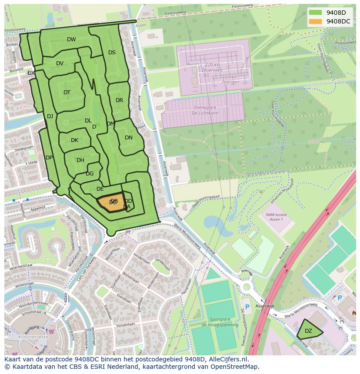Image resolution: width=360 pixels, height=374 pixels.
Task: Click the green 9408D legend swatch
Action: coord(316,13)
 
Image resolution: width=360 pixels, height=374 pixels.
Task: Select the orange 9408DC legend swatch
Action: coord(316,21)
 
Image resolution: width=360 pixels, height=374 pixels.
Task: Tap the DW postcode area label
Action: coord(71,40)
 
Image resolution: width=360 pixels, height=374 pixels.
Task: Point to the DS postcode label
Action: coord(112,53)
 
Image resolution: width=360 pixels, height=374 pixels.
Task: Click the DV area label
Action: coord(60,63)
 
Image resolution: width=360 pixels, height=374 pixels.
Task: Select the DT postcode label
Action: coord(67,93)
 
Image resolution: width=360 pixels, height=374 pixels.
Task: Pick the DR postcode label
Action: coord(119,100)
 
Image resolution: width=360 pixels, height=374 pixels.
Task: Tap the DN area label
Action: coord(129,138)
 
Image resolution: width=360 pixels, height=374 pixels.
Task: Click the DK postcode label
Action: coord(74,140)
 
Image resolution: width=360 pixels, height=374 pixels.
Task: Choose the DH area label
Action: coord(80,160)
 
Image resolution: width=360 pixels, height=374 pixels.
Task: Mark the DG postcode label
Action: coord(90,174)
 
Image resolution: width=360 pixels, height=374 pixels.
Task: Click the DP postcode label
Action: coord(49,158)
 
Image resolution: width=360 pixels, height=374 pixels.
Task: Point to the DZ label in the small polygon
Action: coord(308,331)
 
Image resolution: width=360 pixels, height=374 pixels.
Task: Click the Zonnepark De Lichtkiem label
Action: coord(203,109)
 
